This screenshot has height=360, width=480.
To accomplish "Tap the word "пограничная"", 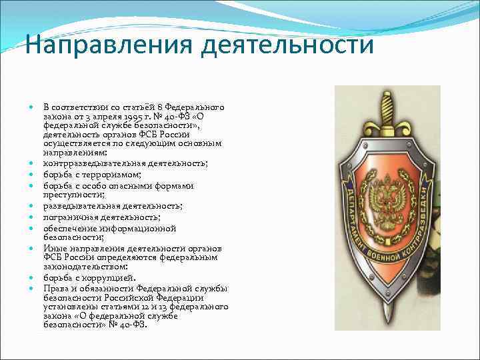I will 70,217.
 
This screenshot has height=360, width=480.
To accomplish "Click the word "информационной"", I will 143,228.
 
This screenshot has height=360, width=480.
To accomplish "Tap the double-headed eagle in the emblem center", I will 387,203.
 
